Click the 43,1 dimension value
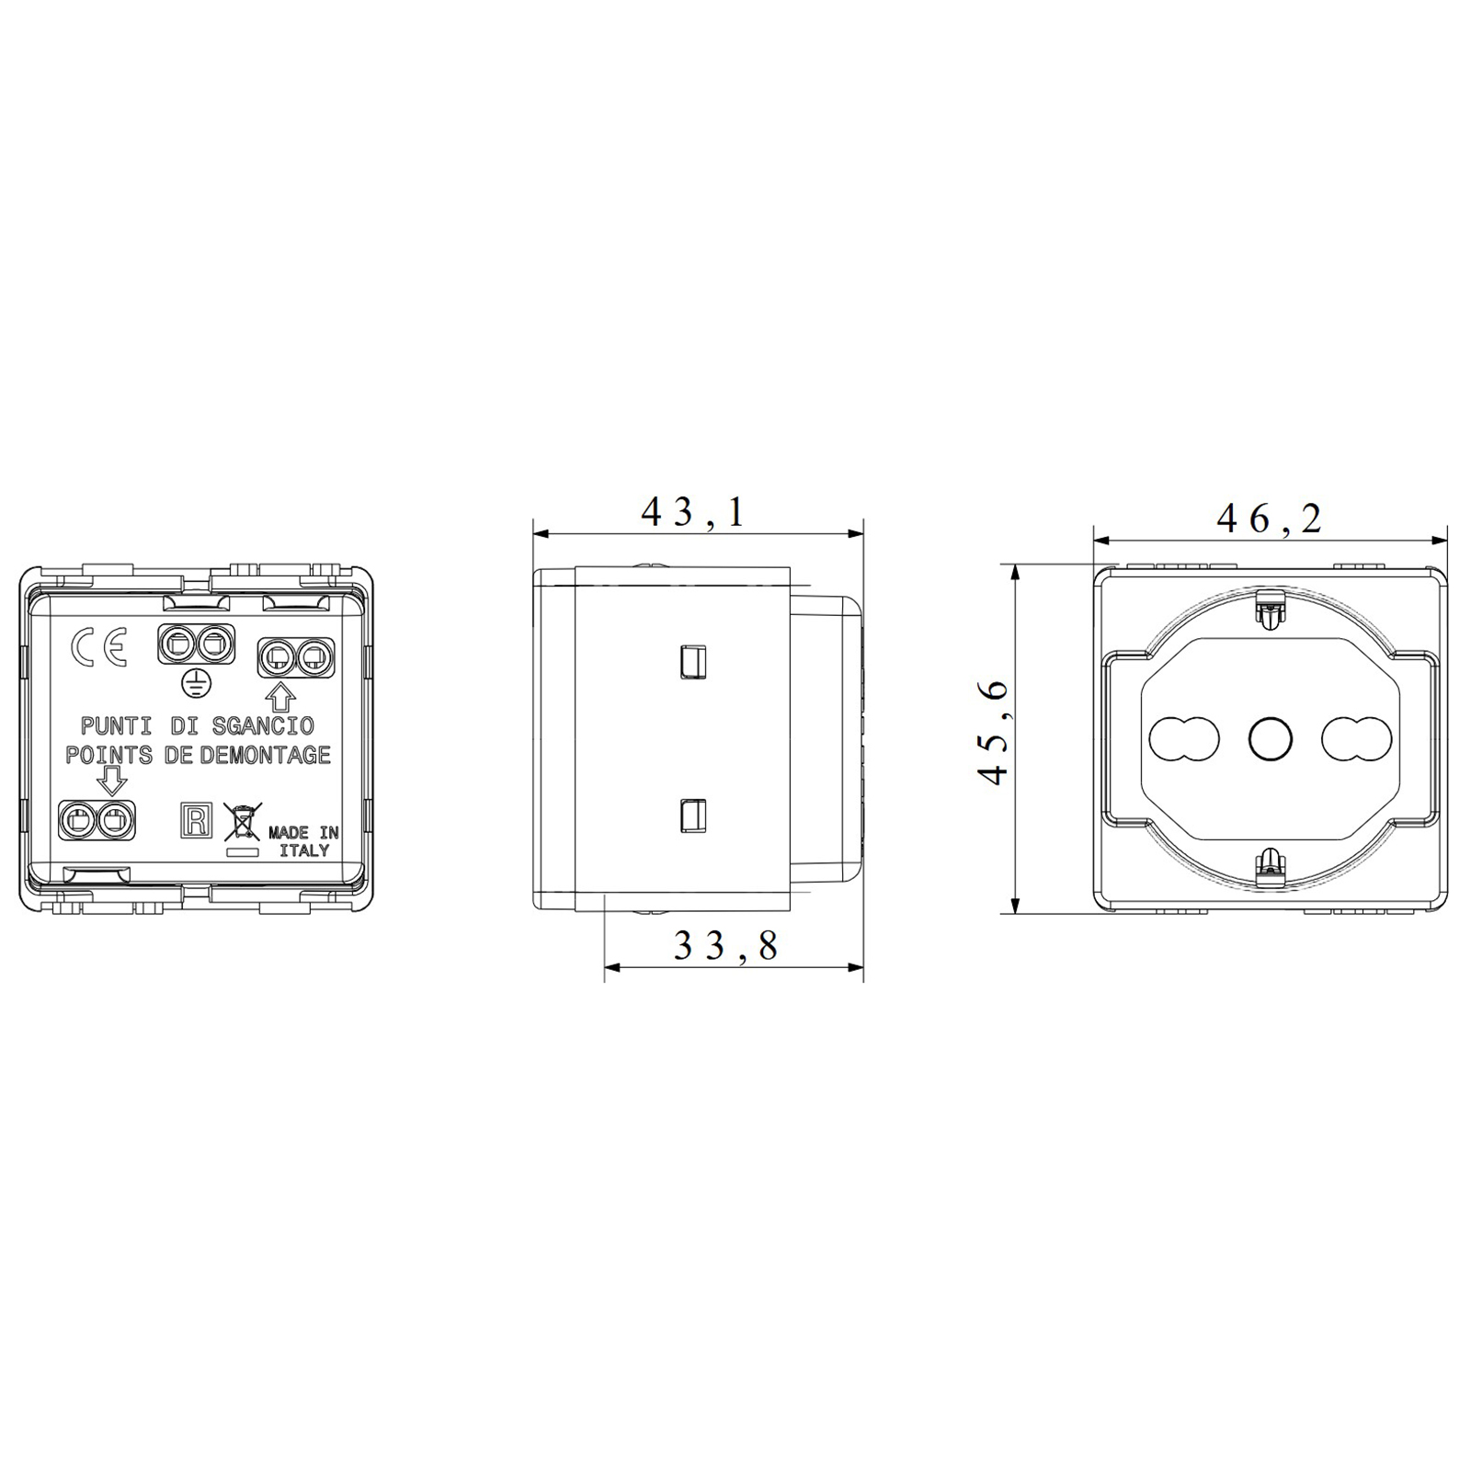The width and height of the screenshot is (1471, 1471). [693, 512]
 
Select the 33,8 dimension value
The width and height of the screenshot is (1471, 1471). [726, 944]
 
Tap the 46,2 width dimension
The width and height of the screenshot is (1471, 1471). [1270, 519]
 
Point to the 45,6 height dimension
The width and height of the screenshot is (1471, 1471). [995, 733]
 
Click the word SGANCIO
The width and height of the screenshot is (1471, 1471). [263, 725]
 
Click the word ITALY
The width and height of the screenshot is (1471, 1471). [304, 850]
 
